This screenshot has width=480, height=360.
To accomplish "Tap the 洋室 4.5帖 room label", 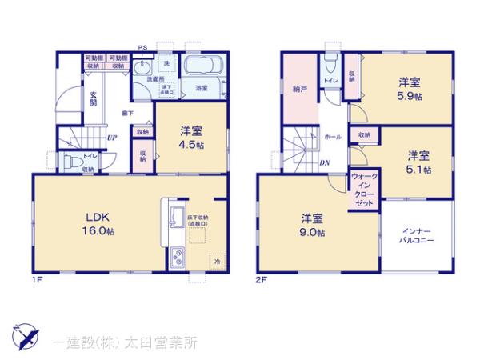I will [x=190, y=138].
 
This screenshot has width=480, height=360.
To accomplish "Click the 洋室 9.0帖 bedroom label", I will [x=313, y=225].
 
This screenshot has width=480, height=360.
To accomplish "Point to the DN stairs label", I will [x=326, y=163].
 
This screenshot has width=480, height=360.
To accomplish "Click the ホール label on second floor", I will [x=333, y=137].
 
